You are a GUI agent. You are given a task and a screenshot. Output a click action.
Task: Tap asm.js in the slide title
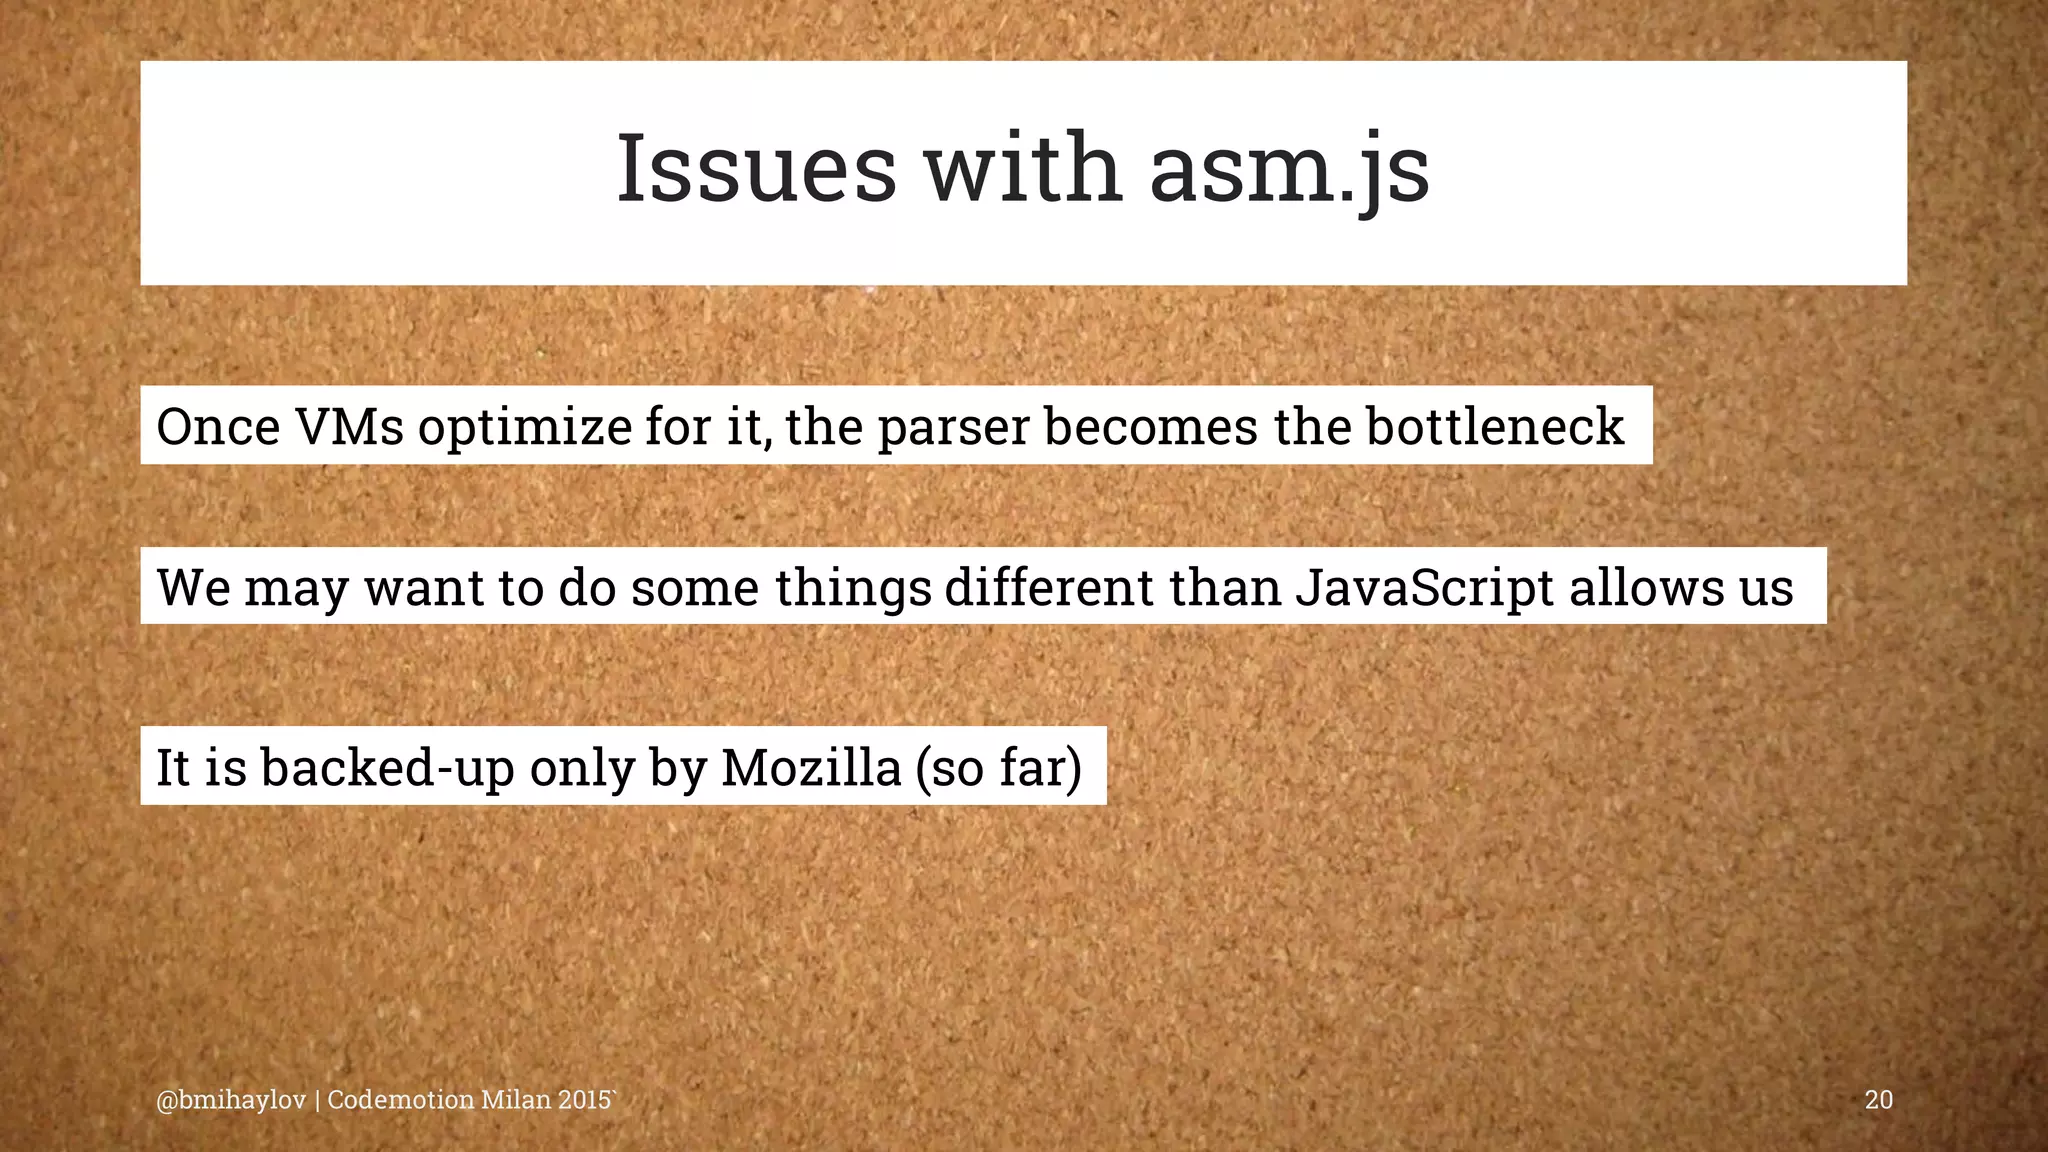tap(1289, 170)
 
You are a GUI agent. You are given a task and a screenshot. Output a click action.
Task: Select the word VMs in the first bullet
tap(349, 427)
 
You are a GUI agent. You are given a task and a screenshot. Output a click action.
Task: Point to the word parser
tap(953, 428)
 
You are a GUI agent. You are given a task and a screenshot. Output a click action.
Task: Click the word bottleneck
tap(1494, 426)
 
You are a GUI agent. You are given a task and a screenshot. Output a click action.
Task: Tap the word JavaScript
tap(1424, 587)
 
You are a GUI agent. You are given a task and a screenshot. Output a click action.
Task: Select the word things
tap(853, 588)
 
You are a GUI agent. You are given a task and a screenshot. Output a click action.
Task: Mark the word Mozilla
tap(811, 767)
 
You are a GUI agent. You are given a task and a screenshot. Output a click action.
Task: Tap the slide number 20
tap(1878, 1100)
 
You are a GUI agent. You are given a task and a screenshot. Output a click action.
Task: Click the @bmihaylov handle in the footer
tap(231, 1100)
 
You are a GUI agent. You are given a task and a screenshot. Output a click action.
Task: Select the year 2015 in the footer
tap(585, 1100)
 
